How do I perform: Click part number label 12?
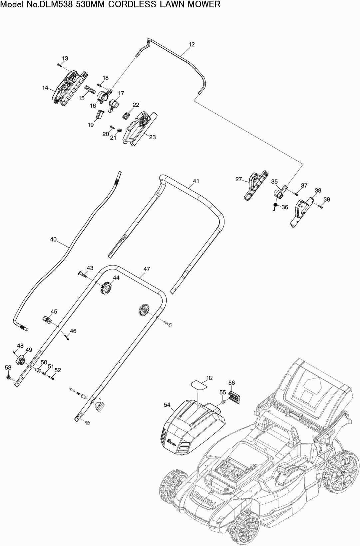click(x=191, y=45)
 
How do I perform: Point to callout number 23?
click(x=152, y=137)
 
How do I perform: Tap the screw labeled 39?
click(x=320, y=207)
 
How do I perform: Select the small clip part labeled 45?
click(x=46, y=319)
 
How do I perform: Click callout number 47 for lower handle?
click(x=147, y=269)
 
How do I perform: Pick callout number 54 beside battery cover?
click(x=167, y=405)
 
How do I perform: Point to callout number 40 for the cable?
click(x=53, y=239)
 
